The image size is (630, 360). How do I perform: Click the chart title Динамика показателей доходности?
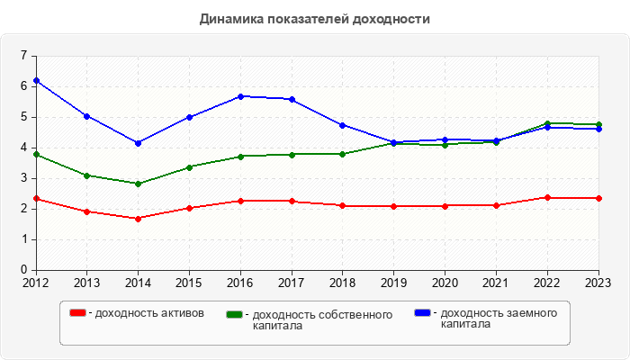(314, 19)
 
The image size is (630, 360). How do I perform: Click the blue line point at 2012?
(36, 81)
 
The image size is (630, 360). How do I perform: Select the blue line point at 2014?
(138, 143)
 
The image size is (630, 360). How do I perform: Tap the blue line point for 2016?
(240, 96)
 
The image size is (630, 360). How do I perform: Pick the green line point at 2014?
(138, 184)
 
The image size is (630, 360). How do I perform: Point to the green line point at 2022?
(547, 123)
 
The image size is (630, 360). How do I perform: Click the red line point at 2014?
(138, 219)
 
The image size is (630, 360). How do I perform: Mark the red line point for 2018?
(343, 205)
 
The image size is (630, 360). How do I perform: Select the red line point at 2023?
(598, 198)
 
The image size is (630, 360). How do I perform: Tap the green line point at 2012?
(36, 155)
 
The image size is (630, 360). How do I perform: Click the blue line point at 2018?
(343, 125)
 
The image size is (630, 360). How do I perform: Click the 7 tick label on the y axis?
(23, 56)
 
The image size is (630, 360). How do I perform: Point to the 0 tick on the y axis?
(23, 270)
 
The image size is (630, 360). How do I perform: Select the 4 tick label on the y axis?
(23, 148)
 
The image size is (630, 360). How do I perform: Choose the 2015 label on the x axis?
(189, 283)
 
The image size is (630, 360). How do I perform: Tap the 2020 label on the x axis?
(445, 283)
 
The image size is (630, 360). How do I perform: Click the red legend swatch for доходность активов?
(78, 313)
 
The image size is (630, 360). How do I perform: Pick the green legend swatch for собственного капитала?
(234, 314)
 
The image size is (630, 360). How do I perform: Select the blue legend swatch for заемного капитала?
(422, 313)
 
